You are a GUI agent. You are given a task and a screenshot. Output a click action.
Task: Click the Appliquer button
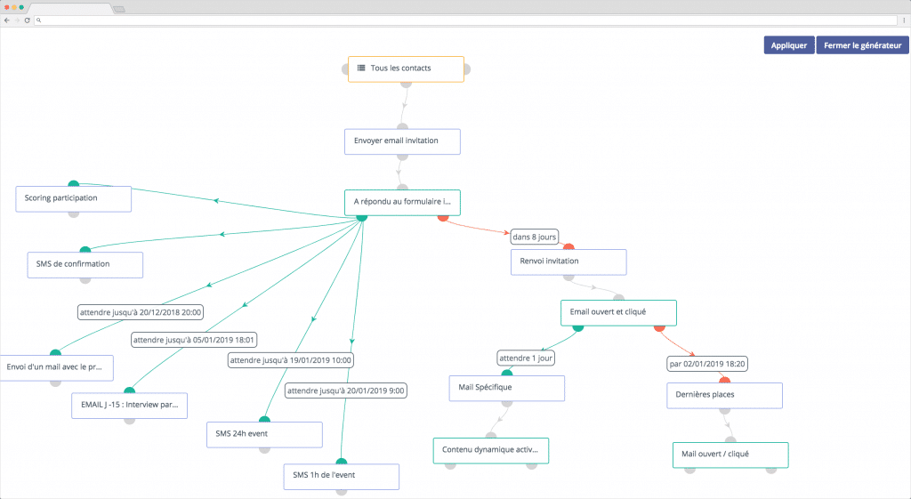(789, 45)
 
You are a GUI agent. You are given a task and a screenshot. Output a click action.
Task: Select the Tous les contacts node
(406, 69)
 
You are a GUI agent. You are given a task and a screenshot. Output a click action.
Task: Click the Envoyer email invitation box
(403, 141)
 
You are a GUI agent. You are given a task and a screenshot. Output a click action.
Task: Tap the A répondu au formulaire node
(403, 203)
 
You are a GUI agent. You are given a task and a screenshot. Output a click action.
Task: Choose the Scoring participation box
(74, 198)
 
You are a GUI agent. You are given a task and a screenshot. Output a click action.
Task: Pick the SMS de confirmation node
(85, 265)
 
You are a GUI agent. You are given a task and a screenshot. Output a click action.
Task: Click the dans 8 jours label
(535, 237)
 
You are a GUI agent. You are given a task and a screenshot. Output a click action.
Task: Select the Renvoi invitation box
(568, 262)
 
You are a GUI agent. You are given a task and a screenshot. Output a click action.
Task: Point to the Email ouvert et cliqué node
(619, 313)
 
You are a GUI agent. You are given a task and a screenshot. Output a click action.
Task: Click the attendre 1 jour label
(526, 358)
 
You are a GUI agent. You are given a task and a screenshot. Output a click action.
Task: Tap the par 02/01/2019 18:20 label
(707, 364)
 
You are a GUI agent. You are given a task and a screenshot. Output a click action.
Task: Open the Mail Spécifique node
(507, 388)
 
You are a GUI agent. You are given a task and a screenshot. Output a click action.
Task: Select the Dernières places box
(724, 396)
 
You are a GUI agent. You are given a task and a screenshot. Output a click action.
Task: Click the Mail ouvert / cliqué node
(731, 455)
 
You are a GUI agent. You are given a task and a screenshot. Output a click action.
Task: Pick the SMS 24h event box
(264, 435)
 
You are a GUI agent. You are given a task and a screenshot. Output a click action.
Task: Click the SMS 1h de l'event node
(342, 477)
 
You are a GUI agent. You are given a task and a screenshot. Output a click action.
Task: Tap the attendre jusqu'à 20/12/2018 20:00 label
(141, 312)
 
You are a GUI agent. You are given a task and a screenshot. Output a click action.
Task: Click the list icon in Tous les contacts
(361, 68)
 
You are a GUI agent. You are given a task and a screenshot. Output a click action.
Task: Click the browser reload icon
(27, 20)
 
